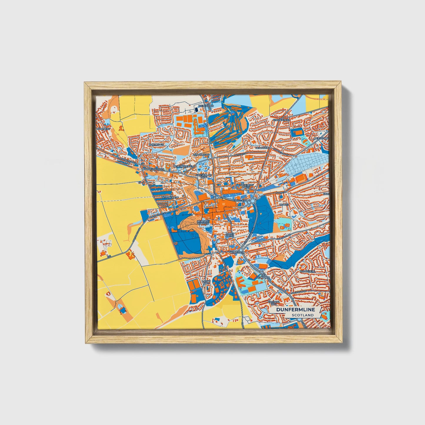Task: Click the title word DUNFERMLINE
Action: [x=295, y=309]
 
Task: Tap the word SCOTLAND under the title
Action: [x=303, y=315]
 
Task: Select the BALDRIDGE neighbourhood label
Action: [x=156, y=145]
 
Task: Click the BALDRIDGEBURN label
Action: [x=153, y=169]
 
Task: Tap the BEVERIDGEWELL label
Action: [x=184, y=166]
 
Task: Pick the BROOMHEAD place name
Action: [x=201, y=154]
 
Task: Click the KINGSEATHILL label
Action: [x=281, y=120]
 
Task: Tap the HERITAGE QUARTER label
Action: [x=203, y=222]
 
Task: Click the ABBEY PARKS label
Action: [x=229, y=234]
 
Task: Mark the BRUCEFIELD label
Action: [x=307, y=271]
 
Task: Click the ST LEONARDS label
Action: [x=263, y=277]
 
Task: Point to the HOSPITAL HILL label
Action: [x=273, y=303]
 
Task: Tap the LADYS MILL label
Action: [x=206, y=282]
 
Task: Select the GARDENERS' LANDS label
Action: [x=244, y=186]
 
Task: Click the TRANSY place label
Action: [x=284, y=204]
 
